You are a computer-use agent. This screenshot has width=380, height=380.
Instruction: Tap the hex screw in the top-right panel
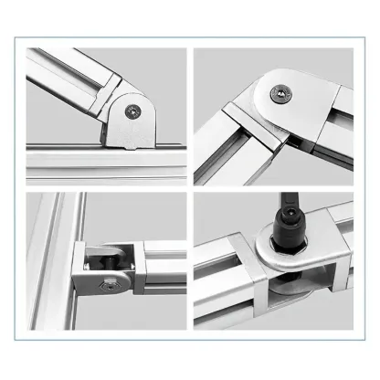[280, 91]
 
